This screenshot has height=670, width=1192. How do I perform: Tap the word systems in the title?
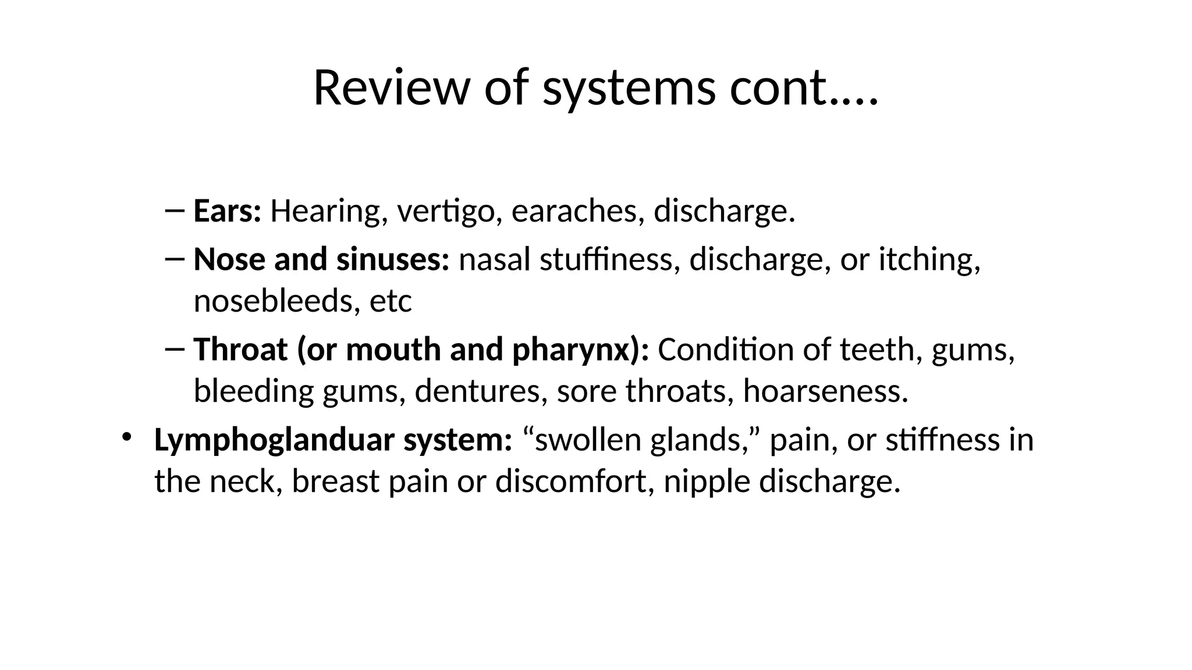[x=629, y=88]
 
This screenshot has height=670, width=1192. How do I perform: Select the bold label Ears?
[x=228, y=211]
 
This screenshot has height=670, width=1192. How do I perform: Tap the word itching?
[x=929, y=259]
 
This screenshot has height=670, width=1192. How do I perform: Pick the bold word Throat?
[x=240, y=350]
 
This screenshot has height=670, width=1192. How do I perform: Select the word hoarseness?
[x=825, y=391]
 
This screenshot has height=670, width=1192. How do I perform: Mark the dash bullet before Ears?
[x=175, y=210]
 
